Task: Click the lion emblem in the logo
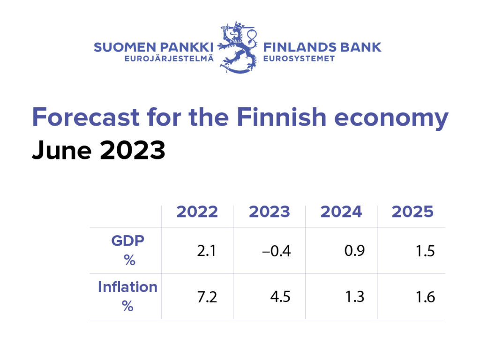tap(239, 47)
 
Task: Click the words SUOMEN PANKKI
tap(153, 47)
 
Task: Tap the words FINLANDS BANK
tap(322, 47)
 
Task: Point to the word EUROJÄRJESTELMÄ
tap(169, 59)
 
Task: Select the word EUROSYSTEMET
tap(299, 59)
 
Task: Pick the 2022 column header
tap(197, 212)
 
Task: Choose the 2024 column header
tap(341, 212)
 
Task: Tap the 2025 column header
tap(412, 212)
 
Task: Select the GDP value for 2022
tap(206, 251)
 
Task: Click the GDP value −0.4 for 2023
tap(277, 251)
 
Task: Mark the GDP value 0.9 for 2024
tap(354, 251)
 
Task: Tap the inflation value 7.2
tap(206, 297)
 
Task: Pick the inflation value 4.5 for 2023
tap(280, 297)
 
